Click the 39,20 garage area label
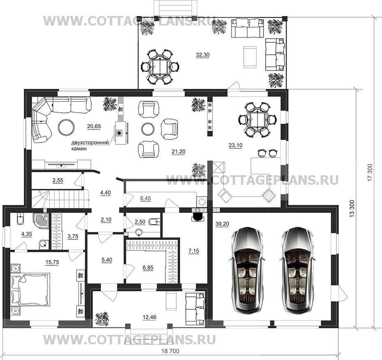222,224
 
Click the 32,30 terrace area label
203,55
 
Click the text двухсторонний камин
90,146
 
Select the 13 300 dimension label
353,209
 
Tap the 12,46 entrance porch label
150,317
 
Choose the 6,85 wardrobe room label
148,268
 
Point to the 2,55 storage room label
58,181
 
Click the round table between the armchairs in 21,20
148,128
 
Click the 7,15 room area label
194,251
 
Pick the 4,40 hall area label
105,193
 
